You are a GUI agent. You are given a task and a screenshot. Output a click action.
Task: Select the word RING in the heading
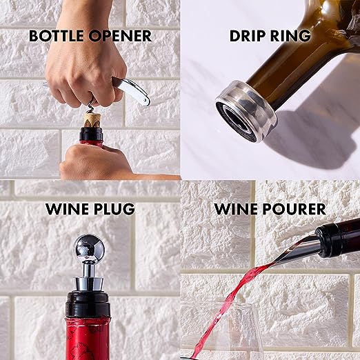click(292, 35)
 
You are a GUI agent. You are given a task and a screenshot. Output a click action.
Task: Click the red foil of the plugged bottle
click(90, 338)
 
